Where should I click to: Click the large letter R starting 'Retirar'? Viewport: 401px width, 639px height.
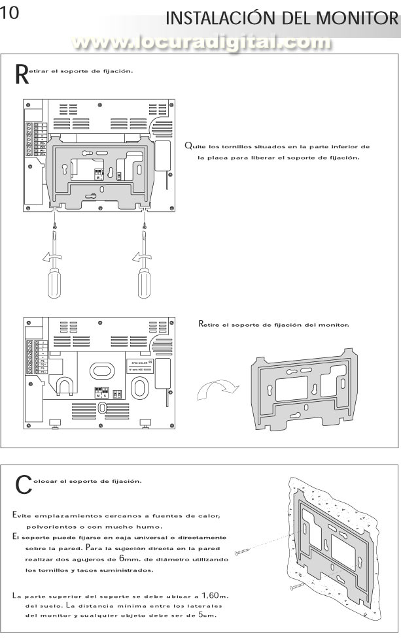pos(22,74)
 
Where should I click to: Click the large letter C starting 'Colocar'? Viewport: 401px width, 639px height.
pos(23,484)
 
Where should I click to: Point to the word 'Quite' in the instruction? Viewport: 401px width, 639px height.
pos(194,146)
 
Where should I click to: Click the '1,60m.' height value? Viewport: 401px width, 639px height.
pos(213,595)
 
